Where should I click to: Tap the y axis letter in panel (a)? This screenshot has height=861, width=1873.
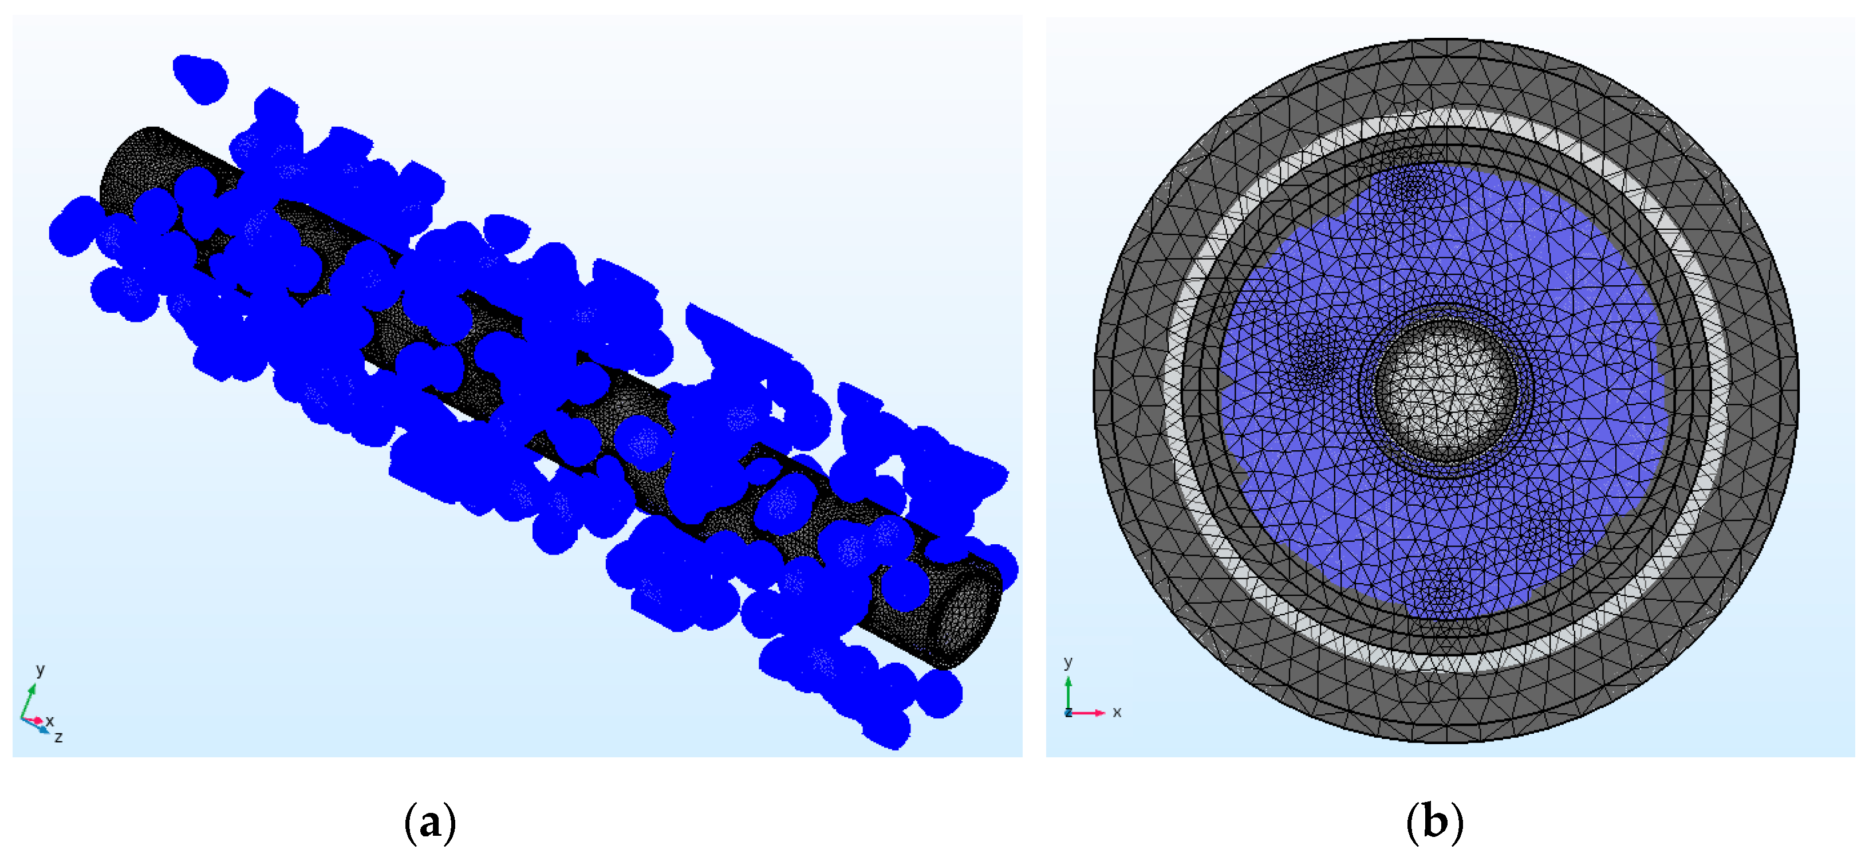[x=41, y=669]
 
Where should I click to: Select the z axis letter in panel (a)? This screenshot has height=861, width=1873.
[x=59, y=737]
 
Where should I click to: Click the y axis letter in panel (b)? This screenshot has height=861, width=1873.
[x=1068, y=662]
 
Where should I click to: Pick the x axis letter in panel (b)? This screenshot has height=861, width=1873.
[x=1117, y=712]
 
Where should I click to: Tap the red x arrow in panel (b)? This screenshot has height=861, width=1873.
[x=1087, y=713]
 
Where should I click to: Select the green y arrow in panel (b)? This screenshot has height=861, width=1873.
[x=1068, y=694]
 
